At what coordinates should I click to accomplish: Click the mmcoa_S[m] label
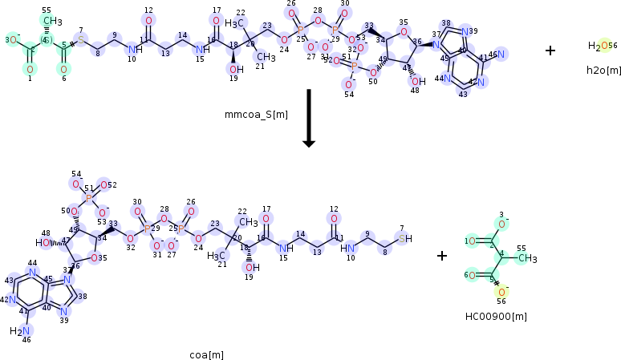pos(256,115)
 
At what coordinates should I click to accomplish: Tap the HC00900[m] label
pos(496,316)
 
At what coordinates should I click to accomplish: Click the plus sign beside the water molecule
pos(550,50)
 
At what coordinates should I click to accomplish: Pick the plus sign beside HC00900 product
pos(442,256)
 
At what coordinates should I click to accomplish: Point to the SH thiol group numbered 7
pos(406,238)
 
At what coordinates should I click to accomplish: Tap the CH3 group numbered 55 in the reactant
pos(52,20)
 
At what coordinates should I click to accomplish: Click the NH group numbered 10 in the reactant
pos(132,50)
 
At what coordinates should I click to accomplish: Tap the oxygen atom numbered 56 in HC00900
pos(503,291)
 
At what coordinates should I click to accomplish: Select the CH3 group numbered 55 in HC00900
pos(526,259)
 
